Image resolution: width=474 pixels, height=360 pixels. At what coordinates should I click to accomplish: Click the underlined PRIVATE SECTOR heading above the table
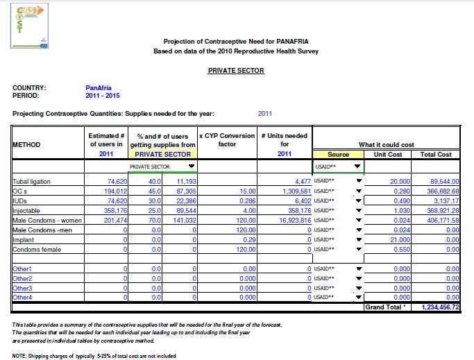236,71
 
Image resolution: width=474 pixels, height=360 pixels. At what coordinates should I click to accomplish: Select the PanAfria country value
98,88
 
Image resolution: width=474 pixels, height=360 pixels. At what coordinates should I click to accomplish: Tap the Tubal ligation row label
32,182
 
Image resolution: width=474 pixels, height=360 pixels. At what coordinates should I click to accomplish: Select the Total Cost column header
436,155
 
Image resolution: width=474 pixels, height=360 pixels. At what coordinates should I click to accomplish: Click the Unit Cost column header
388,155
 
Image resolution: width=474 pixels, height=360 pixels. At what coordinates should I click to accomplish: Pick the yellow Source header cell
338,155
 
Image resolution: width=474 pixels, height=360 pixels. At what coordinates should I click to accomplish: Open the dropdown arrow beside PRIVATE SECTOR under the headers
192,166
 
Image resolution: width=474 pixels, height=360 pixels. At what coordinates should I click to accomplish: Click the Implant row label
23,239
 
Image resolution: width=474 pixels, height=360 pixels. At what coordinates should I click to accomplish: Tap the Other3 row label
23,287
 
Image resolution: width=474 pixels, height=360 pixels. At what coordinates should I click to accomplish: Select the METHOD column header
27,145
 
